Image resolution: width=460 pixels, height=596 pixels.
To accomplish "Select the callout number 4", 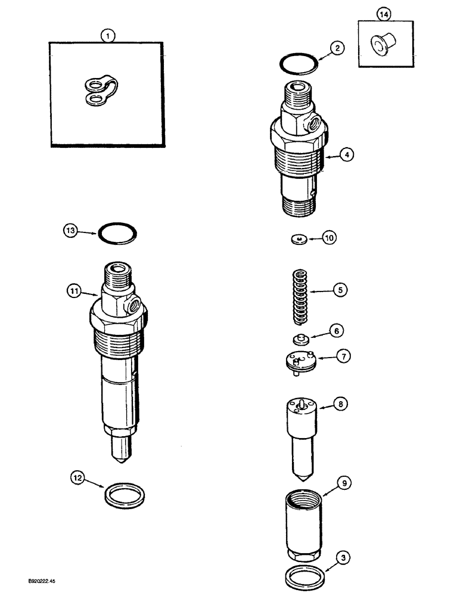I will (x=347, y=155).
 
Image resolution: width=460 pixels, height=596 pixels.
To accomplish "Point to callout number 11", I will (x=73, y=291).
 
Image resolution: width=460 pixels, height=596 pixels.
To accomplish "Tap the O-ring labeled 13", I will (x=119, y=234).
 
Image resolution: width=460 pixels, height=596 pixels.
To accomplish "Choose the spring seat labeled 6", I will (x=299, y=340).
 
